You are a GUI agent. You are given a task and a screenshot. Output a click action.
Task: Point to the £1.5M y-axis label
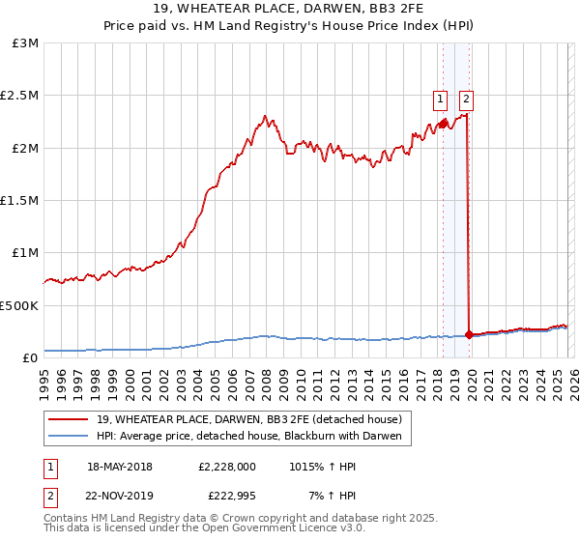(19, 201)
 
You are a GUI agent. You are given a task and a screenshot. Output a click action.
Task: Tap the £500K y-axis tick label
(19, 305)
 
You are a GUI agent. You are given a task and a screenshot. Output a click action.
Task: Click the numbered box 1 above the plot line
(440, 98)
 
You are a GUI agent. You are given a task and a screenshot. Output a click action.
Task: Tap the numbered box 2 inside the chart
(466, 98)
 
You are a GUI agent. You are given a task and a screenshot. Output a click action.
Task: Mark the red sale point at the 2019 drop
(469, 334)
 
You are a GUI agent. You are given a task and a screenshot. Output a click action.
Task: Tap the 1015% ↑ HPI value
(322, 466)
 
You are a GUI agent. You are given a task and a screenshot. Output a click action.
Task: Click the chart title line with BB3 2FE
(290, 11)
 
